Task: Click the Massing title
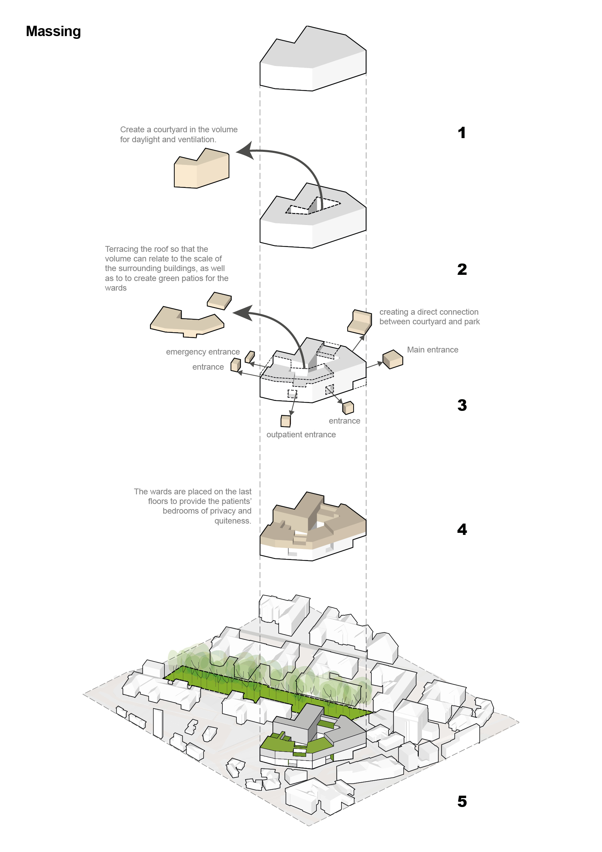(54, 32)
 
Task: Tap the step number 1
(462, 133)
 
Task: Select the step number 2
(462, 269)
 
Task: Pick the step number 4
(462, 529)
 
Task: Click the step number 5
(462, 801)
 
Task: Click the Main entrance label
(432, 350)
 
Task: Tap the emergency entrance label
(203, 352)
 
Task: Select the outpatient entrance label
(301, 435)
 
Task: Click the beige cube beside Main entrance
(393, 359)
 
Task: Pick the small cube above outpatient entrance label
(286, 421)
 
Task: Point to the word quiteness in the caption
(232, 521)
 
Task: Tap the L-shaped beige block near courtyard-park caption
(360, 322)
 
